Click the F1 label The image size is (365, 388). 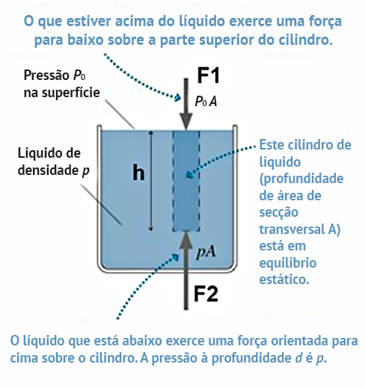[x=208, y=76]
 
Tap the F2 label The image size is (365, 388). [x=206, y=294]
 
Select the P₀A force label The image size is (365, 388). [x=206, y=102]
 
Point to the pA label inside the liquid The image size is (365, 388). [x=206, y=253]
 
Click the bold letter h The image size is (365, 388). [x=138, y=172]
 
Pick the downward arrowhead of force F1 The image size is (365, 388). [x=186, y=121]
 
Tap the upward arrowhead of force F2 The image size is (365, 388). [x=186, y=240]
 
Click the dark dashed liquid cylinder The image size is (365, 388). [x=186, y=181]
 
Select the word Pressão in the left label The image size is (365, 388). [x=46, y=76]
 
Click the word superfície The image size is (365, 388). [x=71, y=93]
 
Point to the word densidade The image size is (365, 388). [x=48, y=170]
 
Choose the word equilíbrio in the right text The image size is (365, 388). [x=288, y=263]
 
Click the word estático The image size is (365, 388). [x=284, y=279]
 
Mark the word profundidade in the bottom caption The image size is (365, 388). [x=251, y=358]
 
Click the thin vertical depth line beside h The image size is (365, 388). [x=150, y=181]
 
